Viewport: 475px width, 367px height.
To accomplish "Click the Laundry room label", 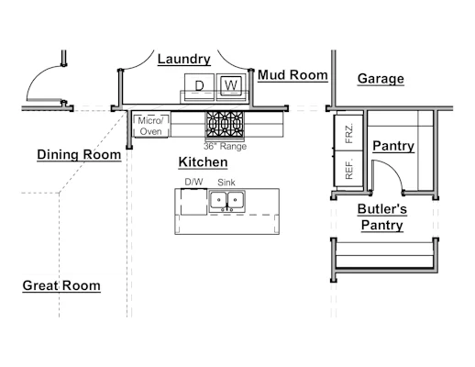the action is pyautogui.click(x=184, y=59).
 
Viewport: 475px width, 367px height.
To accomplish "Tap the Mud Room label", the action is pyautogui.click(x=293, y=75).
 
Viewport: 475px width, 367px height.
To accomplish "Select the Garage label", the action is pyautogui.click(x=381, y=79).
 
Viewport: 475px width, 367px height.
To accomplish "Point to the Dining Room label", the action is pyautogui.click(x=79, y=154).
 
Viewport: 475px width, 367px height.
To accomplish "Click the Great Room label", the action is pyautogui.click(x=61, y=285).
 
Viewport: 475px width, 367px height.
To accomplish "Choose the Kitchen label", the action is pyautogui.click(x=203, y=162).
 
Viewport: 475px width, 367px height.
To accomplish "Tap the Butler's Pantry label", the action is pyautogui.click(x=382, y=217).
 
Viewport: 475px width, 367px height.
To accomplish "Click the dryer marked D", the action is pyautogui.click(x=199, y=87).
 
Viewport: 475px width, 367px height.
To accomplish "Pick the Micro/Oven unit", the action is pyautogui.click(x=150, y=126).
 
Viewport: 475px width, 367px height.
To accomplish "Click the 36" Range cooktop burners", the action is pyautogui.click(x=225, y=124).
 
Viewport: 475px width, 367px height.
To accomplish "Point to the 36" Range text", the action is pyautogui.click(x=225, y=146).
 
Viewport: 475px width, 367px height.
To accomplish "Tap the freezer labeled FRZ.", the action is pyautogui.click(x=348, y=133).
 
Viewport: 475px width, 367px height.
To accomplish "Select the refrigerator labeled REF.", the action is pyautogui.click(x=348, y=168).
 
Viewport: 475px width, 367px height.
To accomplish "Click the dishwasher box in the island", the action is pyautogui.click(x=193, y=202).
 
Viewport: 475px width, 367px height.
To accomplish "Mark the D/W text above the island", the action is pyautogui.click(x=193, y=182).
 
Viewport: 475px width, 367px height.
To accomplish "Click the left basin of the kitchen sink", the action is pyautogui.click(x=218, y=200).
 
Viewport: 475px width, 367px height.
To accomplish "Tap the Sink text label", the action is pyautogui.click(x=226, y=183).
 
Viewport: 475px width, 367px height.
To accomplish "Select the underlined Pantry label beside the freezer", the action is pyautogui.click(x=393, y=146).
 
